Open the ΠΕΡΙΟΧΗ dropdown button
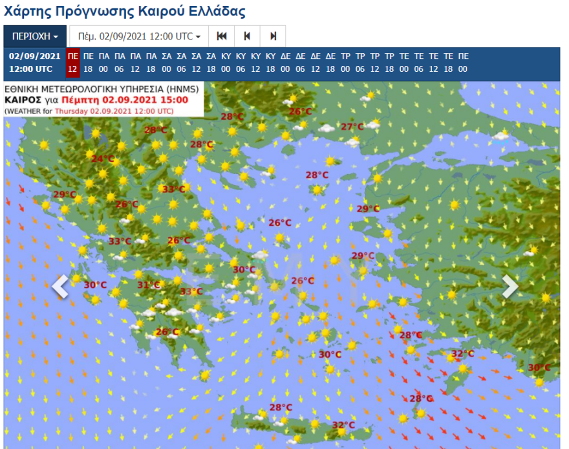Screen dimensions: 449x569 coord(35,36)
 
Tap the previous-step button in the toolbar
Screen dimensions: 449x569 coord(247,36)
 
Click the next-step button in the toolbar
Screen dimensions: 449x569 coord(273,36)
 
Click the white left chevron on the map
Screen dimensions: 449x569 coord(60,286)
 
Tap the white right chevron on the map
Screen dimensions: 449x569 coord(510,286)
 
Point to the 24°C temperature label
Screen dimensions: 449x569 coord(103,159)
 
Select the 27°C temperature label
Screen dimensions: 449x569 coord(352,127)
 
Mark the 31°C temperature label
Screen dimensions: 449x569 coord(148,285)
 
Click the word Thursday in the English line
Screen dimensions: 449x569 coord(71,111)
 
